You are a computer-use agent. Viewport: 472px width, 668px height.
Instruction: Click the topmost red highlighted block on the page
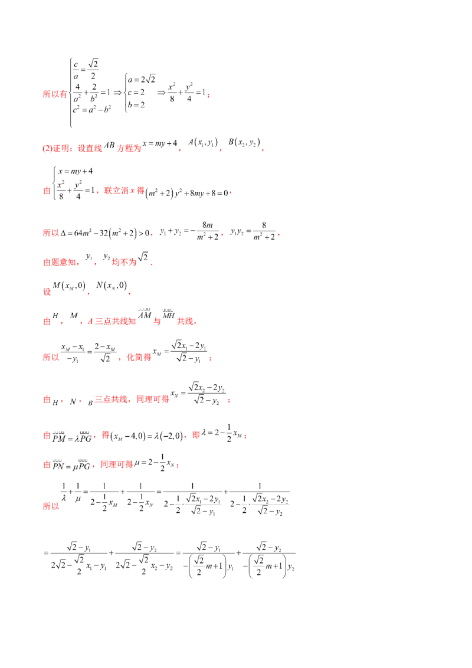56,93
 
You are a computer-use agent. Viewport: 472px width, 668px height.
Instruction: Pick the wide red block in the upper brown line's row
123,192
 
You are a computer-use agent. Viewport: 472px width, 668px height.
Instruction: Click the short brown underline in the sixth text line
109,293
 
